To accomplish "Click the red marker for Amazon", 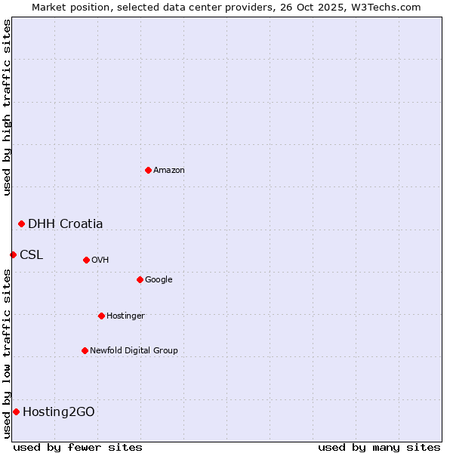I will point(148,170).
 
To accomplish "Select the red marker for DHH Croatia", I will point(21,223).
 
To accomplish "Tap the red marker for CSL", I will point(13,254).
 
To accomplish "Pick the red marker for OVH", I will point(86,260).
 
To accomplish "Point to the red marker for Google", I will point(140,279).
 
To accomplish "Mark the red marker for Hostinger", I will point(101,316).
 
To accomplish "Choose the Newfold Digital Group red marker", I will point(85,350).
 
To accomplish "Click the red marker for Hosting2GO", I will point(16,411).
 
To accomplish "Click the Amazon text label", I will point(169,171).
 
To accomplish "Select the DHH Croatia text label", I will point(66,223).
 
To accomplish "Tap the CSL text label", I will point(32,254).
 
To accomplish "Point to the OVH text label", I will point(100,260).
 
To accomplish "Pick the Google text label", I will point(159,280).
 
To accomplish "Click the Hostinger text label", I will point(125,316).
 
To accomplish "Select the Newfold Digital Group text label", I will point(134,351).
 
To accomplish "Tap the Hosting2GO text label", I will point(59,411).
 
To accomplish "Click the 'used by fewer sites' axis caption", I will point(78,447).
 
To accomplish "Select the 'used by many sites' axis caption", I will point(379,447).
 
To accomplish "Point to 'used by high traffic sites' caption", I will point(7,107).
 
